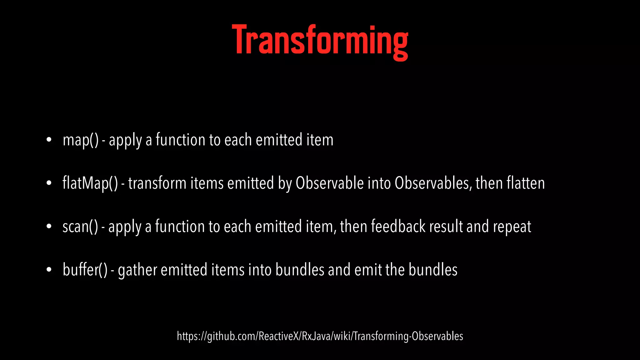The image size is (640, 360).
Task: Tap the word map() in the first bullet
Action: click(81, 140)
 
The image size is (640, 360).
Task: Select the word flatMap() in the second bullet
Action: click(90, 183)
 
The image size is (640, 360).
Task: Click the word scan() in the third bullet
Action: click(80, 227)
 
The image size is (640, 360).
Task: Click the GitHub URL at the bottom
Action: click(320, 336)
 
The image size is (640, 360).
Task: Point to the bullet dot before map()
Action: click(49, 140)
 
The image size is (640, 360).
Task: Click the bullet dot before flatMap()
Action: click(49, 183)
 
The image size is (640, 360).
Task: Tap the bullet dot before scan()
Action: click(49, 227)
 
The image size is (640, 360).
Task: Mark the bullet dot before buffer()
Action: click(49, 270)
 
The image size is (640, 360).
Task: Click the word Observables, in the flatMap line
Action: click(433, 183)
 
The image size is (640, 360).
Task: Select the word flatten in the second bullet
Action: click(526, 183)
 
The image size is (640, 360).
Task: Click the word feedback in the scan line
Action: click(398, 226)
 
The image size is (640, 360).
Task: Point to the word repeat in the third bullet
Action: click(512, 227)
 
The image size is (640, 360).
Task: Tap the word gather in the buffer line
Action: click(137, 270)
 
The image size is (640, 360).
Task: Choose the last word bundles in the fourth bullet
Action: click(433, 270)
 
